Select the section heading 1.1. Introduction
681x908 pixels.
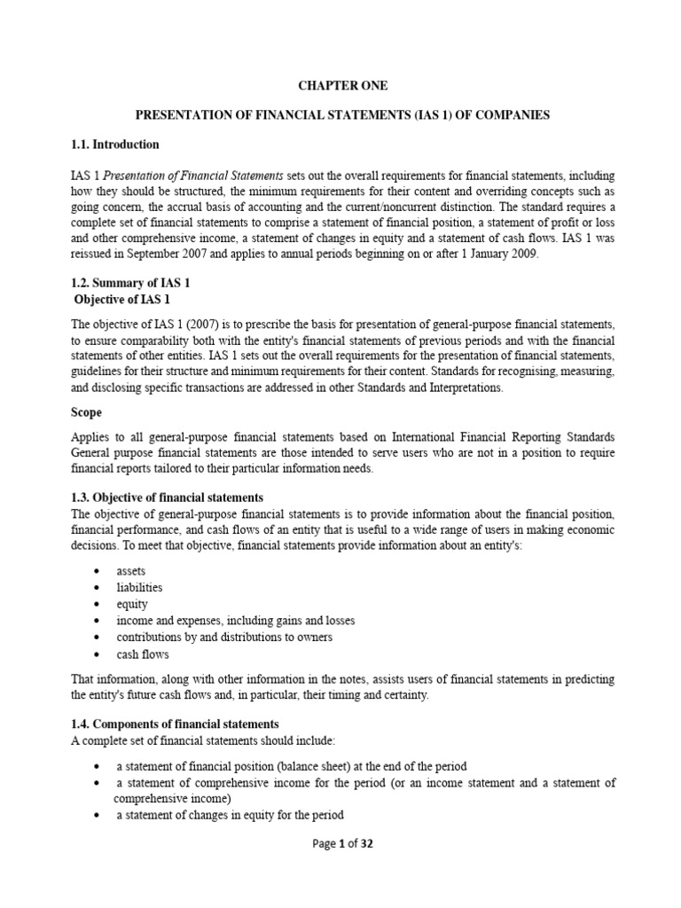[x=115, y=144]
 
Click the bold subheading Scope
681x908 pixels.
[x=86, y=412]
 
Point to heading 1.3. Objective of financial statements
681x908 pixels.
[x=167, y=497]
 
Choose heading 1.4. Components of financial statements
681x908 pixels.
[x=175, y=724]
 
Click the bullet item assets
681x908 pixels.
[x=131, y=572]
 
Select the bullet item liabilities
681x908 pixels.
[x=139, y=588]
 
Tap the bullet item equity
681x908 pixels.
[x=132, y=605]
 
